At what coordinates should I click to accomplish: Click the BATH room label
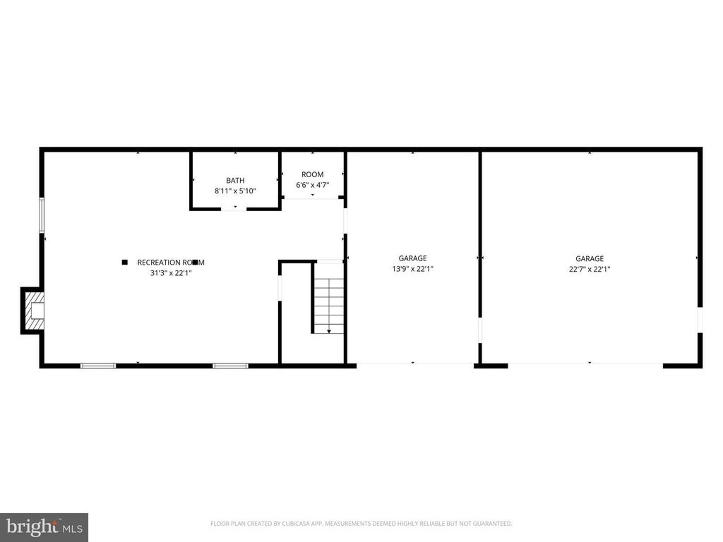coord(235,181)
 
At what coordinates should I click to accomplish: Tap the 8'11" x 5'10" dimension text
coord(235,191)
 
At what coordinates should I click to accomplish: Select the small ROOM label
coord(312,174)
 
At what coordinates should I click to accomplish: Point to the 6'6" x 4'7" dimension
coord(312,186)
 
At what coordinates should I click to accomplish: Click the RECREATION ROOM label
coord(171,262)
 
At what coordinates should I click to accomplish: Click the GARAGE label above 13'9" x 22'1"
coord(412,258)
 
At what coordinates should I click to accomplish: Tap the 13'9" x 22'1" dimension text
coord(412,269)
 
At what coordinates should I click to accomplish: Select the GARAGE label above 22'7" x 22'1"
coord(590,258)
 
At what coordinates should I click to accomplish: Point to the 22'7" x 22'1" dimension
coord(590,269)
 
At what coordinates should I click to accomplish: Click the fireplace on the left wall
coord(33,310)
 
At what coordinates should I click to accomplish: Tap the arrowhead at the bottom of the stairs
coord(329,330)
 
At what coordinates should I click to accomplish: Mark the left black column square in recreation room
coord(124,263)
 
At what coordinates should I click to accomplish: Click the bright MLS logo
coord(44,526)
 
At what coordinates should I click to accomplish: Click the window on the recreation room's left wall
coord(42,215)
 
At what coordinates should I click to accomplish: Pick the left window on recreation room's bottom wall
coord(97,366)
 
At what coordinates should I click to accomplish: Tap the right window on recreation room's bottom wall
coord(230,366)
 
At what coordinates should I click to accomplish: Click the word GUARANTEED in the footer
coord(492,524)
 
